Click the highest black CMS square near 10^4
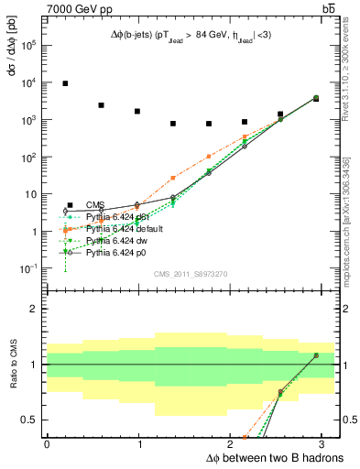(x=65, y=83)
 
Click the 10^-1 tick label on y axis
(x=30, y=268)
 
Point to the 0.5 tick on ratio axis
(x=30, y=420)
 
